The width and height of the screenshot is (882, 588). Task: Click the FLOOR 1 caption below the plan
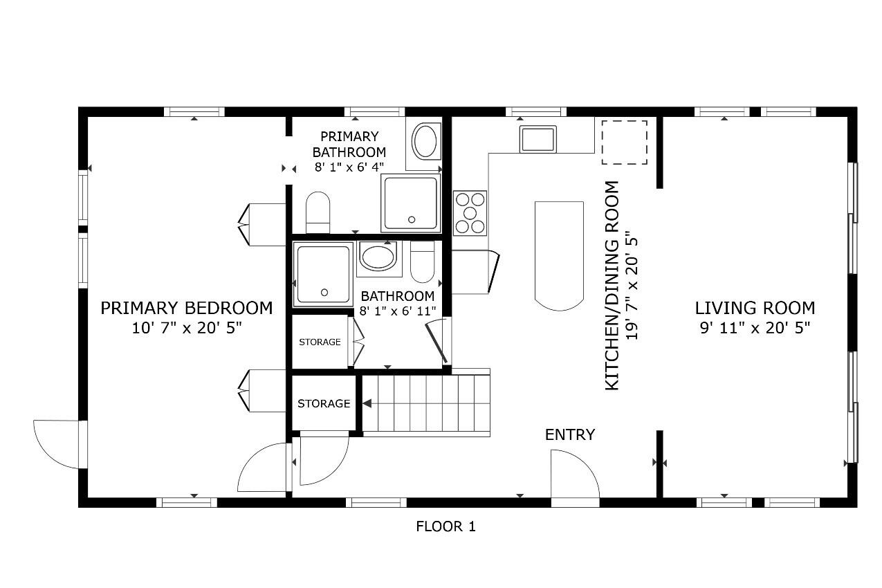(445, 526)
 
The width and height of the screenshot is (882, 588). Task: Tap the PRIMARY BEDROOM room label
(187, 308)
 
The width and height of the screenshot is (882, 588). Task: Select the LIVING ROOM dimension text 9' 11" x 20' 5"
(755, 327)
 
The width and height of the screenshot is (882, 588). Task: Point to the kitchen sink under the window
(538, 139)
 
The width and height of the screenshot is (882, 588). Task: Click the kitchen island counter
(559, 255)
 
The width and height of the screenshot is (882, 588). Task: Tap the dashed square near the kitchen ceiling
(624, 143)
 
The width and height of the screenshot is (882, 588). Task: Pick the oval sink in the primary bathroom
(425, 142)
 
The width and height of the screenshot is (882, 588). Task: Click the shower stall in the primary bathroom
(410, 203)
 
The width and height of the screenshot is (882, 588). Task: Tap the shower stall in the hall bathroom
(323, 275)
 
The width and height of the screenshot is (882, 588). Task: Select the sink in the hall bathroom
(377, 257)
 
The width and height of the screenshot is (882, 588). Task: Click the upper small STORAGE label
(320, 342)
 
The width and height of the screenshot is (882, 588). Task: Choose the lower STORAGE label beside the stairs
(324, 403)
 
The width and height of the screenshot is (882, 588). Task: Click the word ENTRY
(570, 434)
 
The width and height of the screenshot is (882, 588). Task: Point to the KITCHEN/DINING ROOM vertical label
(621, 285)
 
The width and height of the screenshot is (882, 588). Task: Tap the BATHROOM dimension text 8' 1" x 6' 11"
(398, 311)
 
